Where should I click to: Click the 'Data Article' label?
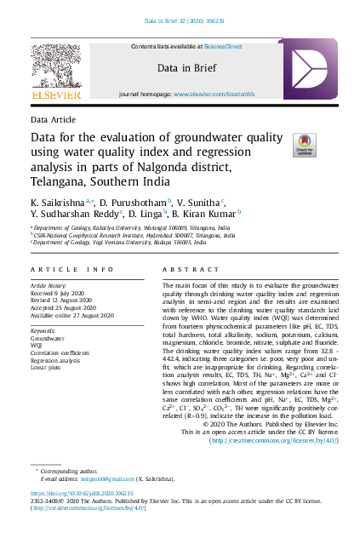[x=53, y=120]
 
